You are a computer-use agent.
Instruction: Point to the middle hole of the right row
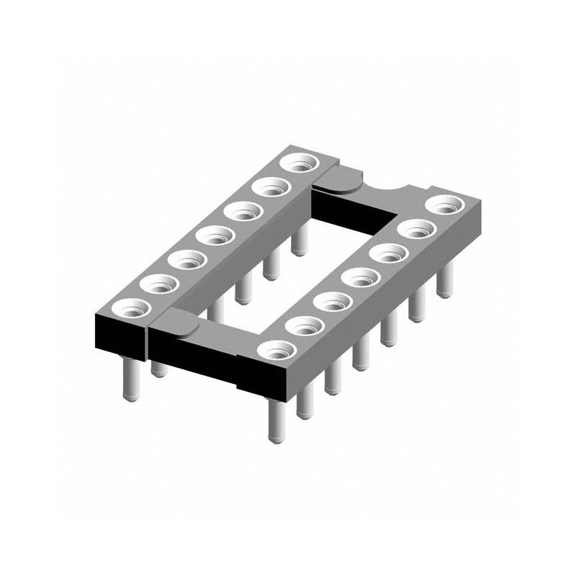(x=359, y=277)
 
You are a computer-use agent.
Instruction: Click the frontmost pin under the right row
(x=276, y=421)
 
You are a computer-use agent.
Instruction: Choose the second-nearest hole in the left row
(x=157, y=284)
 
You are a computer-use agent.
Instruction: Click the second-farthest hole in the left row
(x=272, y=189)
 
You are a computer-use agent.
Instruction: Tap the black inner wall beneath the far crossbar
(x=353, y=209)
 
